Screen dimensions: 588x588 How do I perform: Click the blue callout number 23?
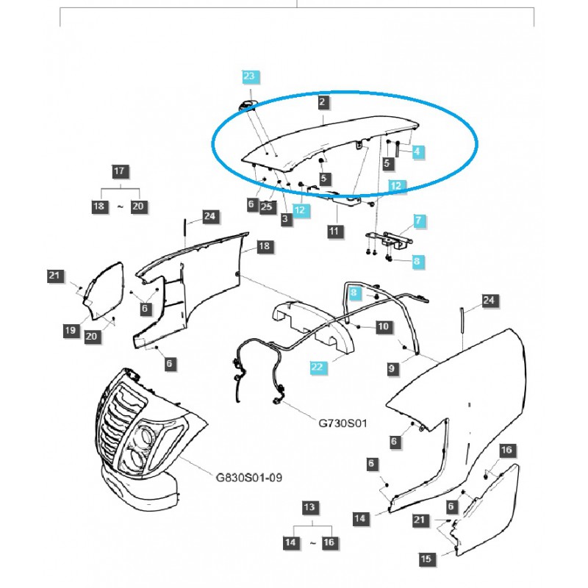(248, 76)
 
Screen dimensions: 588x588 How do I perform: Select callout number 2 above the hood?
(323, 103)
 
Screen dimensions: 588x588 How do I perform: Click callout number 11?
(335, 231)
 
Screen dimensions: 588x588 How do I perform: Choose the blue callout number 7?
(418, 220)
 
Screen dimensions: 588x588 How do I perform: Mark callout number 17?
(119, 172)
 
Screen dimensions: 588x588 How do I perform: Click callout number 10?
(382, 326)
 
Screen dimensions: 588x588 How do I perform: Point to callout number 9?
(391, 366)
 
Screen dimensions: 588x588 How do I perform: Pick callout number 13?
(312, 508)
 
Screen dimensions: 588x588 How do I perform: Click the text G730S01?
(343, 423)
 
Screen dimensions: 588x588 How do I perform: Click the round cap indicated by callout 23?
(246, 104)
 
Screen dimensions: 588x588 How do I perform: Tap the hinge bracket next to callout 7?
(387, 239)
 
